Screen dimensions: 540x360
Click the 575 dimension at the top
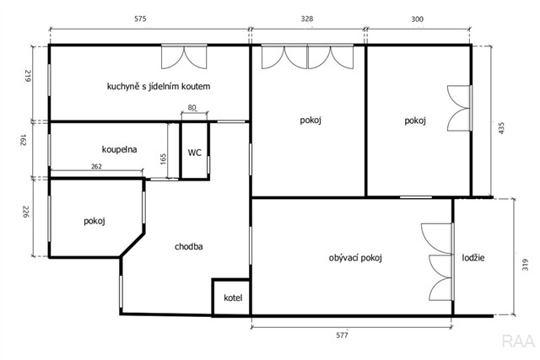[x=140, y=19]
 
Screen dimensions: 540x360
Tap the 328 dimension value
[x=307, y=19]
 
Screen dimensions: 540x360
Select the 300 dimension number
[x=418, y=19]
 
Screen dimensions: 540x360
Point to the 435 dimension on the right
[x=501, y=127]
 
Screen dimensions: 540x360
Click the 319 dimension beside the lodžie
[x=525, y=265]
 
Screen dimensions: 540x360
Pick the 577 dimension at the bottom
[x=342, y=335]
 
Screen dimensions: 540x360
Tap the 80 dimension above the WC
[x=192, y=108]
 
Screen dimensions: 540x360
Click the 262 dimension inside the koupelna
[x=96, y=167]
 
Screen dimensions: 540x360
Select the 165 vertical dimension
[x=163, y=159]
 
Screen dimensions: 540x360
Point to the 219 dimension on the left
[x=28, y=76]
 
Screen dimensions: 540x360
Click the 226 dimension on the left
[x=26, y=212]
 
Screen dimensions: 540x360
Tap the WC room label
[x=195, y=153]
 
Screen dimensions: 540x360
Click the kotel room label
[x=233, y=298]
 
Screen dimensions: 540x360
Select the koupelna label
[x=119, y=149]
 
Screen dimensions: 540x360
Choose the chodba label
[x=189, y=246]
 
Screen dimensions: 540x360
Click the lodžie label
[x=473, y=257]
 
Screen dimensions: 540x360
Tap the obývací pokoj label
[x=355, y=258]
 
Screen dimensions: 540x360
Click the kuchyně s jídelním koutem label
[x=159, y=86]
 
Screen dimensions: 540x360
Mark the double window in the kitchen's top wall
[x=184, y=56]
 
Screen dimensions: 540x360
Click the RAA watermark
[x=518, y=341]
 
